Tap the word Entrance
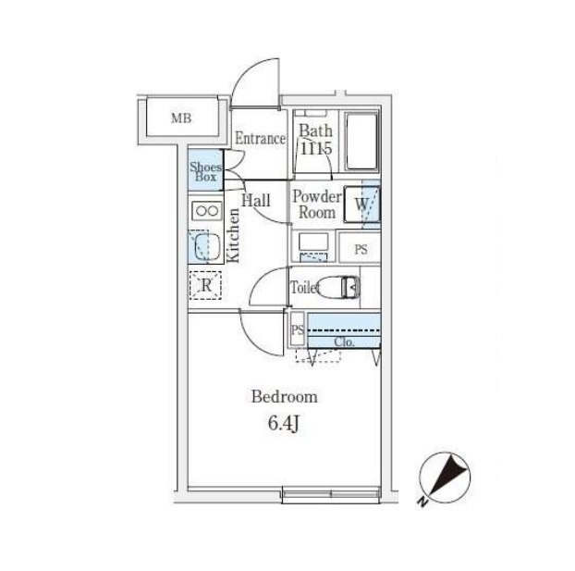click(x=259, y=139)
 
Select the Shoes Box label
click(x=204, y=170)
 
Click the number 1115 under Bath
click(x=315, y=148)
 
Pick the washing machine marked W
click(x=363, y=205)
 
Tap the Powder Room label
click(x=317, y=204)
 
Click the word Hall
click(x=256, y=200)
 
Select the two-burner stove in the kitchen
click(x=205, y=211)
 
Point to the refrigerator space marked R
click(x=206, y=286)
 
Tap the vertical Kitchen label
click(x=234, y=237)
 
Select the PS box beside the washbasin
click(x=361, y=248)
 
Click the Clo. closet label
click(x=345, y=341)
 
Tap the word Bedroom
click(x=285, y=396)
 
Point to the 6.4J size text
click(x=285, y=425)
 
